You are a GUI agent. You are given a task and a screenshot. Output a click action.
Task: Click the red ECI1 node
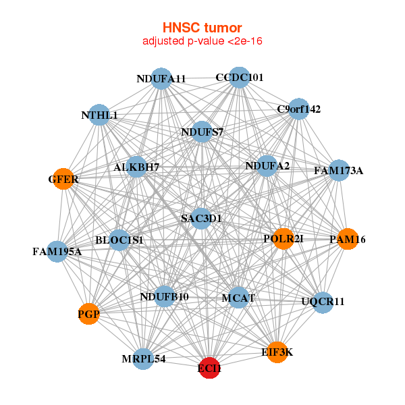[x=209, y=368]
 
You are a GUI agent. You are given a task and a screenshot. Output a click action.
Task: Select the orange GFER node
[x=63, y=180]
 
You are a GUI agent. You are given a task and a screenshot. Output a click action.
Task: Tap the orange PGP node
[x=88, y=314]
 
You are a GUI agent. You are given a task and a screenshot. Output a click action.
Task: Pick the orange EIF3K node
[x=277, y=352]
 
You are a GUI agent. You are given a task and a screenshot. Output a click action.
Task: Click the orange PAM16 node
[x=347, y=239]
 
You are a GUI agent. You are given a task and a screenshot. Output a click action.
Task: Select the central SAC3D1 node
[x=201, y=218]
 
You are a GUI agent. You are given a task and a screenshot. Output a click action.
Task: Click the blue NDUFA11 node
[x=161, y=79]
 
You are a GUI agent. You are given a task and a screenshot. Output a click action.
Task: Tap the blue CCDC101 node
[x=239, y=78]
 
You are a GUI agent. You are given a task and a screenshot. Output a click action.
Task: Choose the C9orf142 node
[x=298, y=109]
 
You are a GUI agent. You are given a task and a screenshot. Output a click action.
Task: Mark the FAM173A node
[x=338, y=171]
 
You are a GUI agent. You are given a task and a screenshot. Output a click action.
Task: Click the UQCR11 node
[x=323, y=302]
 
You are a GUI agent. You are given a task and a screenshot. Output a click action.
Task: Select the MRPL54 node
[x=144, y=357]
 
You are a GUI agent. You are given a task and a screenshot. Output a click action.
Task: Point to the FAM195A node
[x=57, y=252]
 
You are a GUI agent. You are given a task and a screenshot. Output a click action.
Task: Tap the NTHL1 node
[x=100, y=115]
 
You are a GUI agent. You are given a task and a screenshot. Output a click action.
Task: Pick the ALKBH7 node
[x=136, y=167]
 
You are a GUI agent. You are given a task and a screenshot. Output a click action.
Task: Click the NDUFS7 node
[x=202, y=132]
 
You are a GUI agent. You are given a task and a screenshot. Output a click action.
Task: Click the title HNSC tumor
[x=202, y=28]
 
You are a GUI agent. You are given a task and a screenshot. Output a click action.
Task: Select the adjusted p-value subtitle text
[x=202, y=41]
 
